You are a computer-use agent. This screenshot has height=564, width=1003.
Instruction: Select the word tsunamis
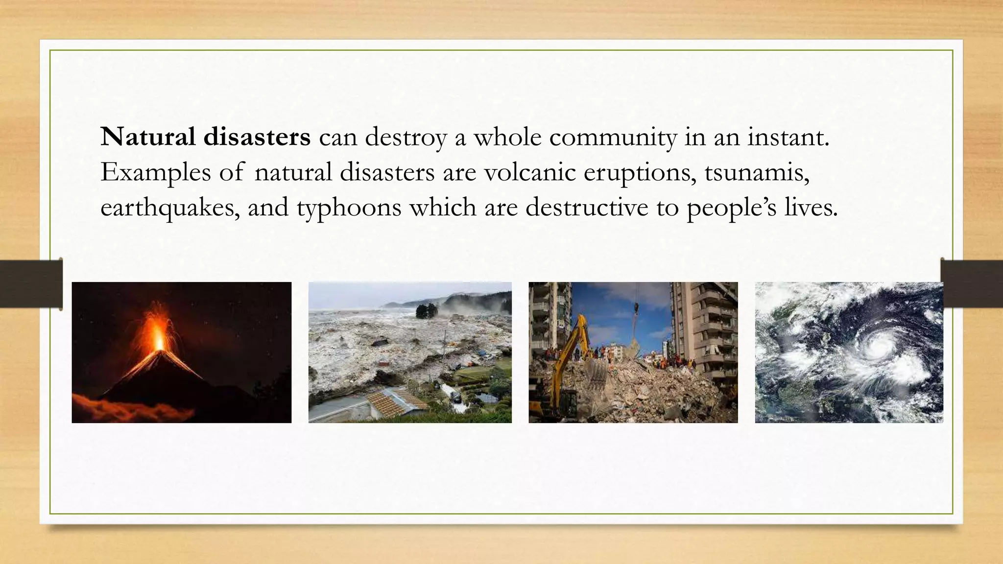coord(757,172)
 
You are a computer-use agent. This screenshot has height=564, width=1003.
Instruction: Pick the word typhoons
coord(349,208)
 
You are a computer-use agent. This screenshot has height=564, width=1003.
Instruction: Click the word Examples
coord(155,172)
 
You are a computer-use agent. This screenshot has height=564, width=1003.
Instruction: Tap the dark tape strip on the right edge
coord(972,284)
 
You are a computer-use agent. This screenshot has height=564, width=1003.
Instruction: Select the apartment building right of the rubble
coord(705,328)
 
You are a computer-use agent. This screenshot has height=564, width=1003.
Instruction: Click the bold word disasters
coord(257,137)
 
